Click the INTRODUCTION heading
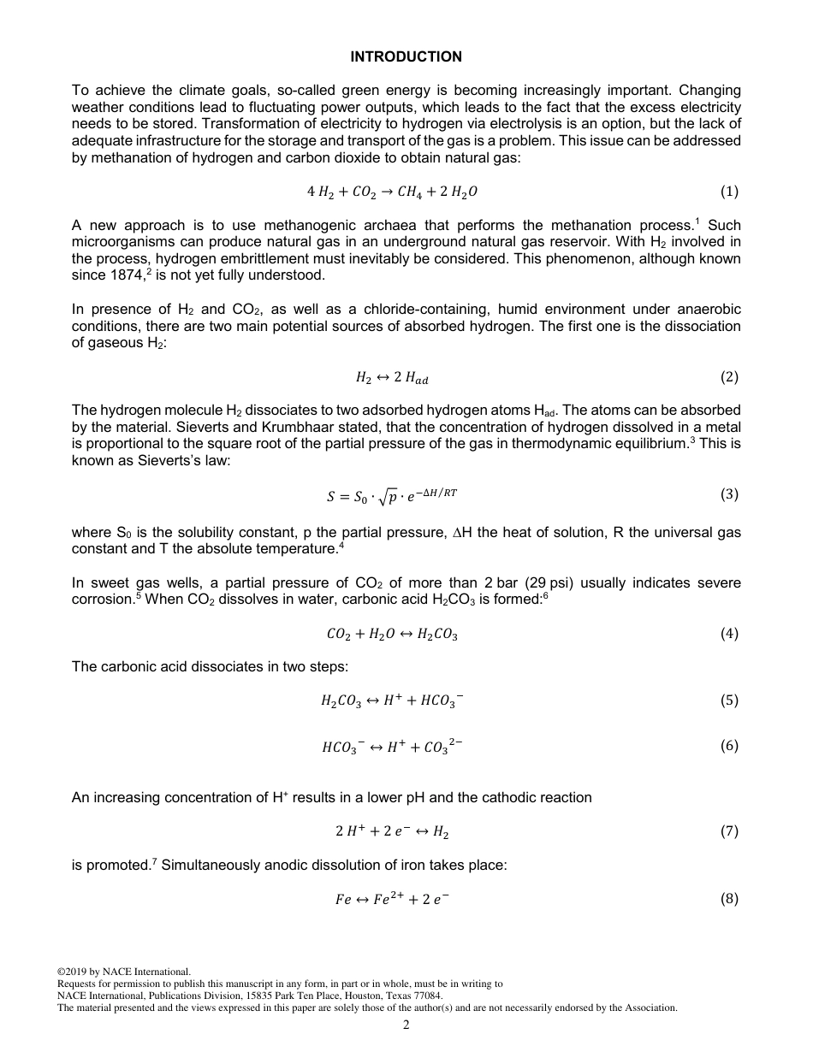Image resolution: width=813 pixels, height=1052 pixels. click(406, 57)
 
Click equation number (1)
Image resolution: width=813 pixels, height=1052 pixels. click(729, 192)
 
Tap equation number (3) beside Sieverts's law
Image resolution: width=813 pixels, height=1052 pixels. click(729, 493)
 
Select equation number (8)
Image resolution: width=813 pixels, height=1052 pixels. click(729, 898)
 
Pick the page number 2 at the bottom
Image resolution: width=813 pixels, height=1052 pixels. click(406, 1025)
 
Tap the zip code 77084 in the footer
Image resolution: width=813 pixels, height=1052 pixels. click(429, 996)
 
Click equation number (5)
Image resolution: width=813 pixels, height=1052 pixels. click(729, 700)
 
